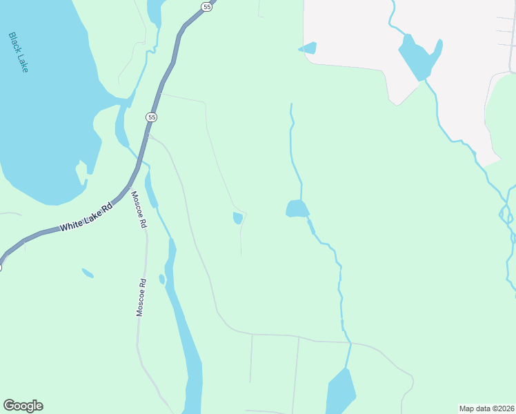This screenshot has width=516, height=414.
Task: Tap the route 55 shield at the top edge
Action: (207, 6)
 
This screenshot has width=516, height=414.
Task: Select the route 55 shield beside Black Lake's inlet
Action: (151, 117)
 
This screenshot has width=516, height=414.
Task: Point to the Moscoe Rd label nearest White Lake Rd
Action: (139, 210)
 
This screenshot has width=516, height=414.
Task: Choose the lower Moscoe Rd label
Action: (141, 297)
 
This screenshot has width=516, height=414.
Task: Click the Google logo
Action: (23, 406)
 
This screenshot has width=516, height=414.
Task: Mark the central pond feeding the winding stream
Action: (297, 208)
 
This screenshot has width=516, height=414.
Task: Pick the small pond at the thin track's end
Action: (238, 218)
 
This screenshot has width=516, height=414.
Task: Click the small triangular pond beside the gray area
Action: (308, 48)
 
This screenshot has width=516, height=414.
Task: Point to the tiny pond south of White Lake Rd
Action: (88, 273)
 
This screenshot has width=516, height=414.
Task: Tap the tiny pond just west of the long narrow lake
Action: (161, 279)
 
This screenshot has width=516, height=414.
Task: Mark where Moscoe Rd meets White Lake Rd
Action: (128, 186)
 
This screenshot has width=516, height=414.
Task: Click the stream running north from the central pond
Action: (292, 145)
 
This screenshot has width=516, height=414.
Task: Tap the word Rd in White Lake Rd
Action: (106, 208)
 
